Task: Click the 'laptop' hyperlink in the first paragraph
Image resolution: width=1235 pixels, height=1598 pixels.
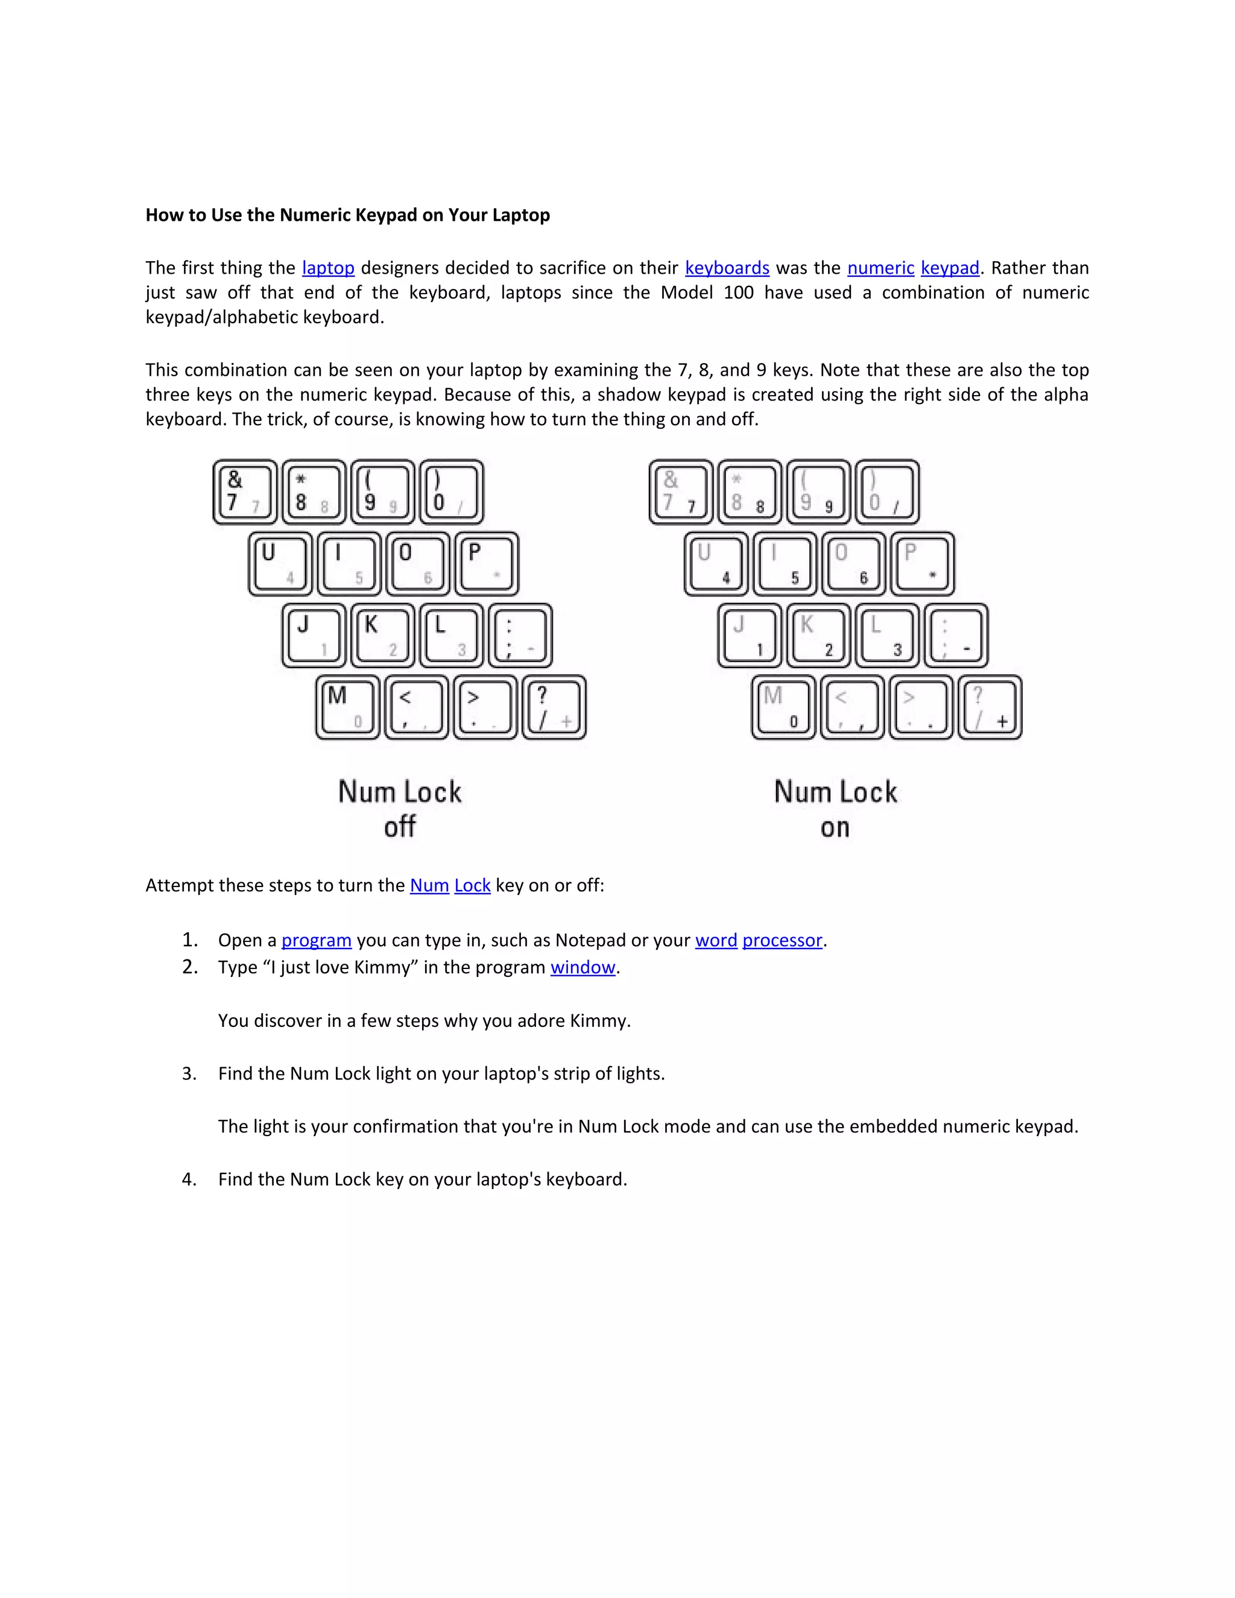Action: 328,268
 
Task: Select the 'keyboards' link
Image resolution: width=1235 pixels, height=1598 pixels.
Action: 727,268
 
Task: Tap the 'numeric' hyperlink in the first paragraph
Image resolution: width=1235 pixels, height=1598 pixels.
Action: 880,268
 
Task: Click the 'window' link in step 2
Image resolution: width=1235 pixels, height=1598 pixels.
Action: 583,967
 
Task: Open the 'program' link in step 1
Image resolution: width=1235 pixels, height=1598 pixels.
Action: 316,940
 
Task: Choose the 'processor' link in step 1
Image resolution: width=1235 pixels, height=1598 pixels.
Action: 782,940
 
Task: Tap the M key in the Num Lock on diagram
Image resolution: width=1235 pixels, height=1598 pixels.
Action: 783,707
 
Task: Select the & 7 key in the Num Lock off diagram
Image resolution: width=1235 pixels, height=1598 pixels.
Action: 244,491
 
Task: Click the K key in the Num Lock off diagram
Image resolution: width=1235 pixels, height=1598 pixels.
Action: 382,635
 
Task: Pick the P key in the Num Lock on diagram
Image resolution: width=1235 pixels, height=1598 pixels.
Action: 922,563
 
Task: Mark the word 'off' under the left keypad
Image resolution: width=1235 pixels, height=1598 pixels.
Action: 399,827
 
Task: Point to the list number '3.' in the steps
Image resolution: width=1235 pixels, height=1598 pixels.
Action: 189,1073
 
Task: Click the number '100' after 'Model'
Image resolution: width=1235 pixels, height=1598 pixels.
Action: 738,292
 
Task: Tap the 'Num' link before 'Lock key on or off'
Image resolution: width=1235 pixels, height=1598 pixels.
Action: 429,885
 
